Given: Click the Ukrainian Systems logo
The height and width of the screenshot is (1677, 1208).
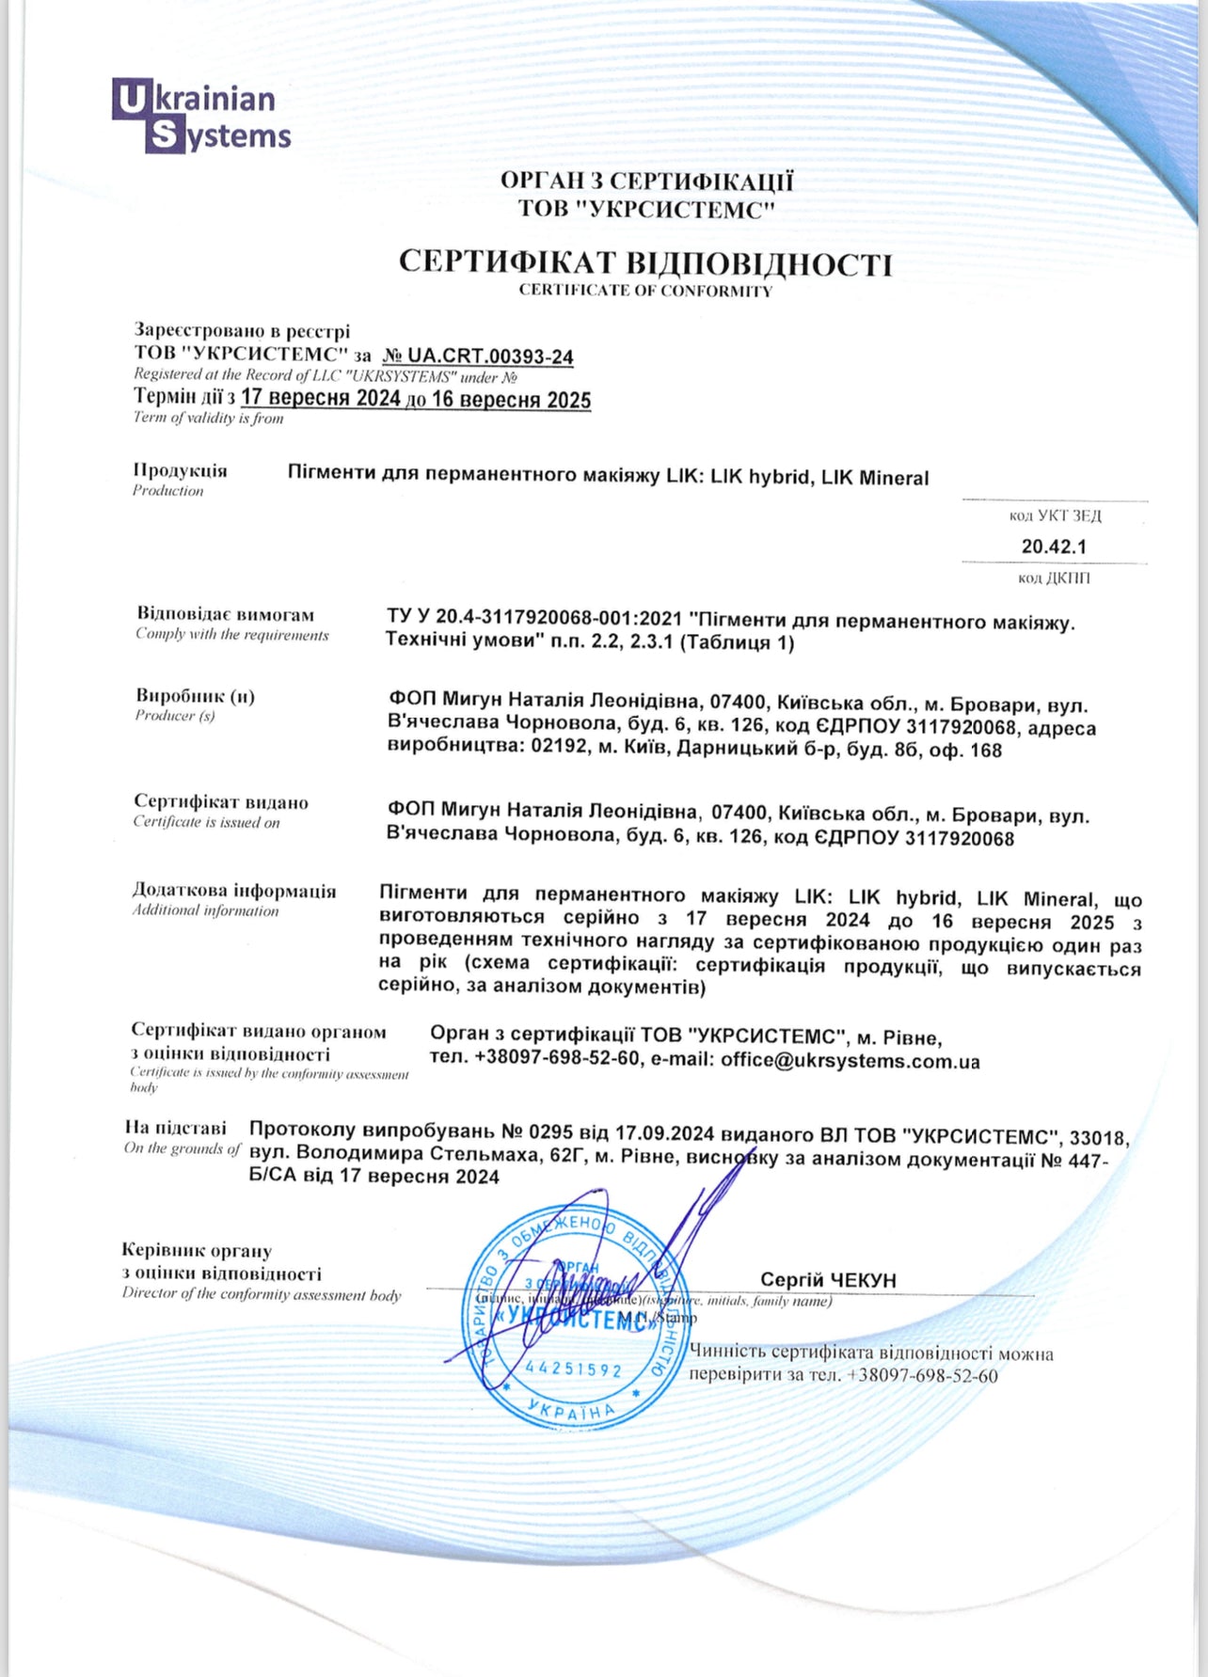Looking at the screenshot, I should tap(201, 118).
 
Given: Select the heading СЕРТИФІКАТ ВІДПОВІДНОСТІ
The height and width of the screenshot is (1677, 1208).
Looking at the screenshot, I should tap(644, 262).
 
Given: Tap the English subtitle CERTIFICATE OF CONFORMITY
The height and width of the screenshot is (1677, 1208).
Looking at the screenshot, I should tap(645, 291).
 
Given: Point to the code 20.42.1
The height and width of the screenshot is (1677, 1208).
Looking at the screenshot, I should tap(1054, 546).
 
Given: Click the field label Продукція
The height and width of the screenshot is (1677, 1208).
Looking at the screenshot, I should tap(180, 470).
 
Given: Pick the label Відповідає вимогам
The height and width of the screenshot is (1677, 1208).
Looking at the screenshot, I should tap(226, 614).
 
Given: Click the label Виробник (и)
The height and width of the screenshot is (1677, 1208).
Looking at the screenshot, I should tap(195, 696).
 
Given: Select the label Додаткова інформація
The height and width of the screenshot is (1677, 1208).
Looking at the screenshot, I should tap(234, 891).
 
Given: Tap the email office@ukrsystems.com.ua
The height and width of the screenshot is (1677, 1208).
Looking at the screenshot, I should tap(850, 1061).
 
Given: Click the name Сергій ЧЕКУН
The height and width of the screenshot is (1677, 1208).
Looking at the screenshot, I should tap(828, 1280).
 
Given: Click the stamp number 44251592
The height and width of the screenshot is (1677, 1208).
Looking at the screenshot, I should tap(574, 1368).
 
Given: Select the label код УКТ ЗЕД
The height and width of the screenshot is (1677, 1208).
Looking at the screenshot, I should tap(1055, 515).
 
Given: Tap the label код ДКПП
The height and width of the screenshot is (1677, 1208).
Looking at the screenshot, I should tap(1054, 577).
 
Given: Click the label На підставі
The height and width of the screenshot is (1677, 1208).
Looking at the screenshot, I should tap(176, 1127).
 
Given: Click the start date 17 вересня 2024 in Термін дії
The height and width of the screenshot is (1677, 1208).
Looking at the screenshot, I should tap(321, 399).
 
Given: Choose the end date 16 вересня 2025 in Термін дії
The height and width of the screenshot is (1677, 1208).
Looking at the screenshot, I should tap(511, 400).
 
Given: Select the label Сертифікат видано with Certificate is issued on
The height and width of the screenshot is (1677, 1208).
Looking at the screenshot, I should tap(221, 802).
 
